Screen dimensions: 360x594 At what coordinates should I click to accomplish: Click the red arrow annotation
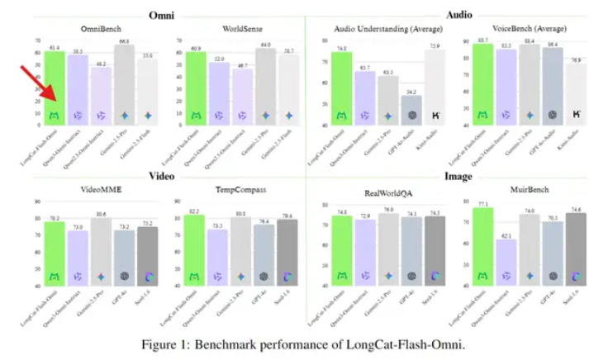(32, 86)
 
